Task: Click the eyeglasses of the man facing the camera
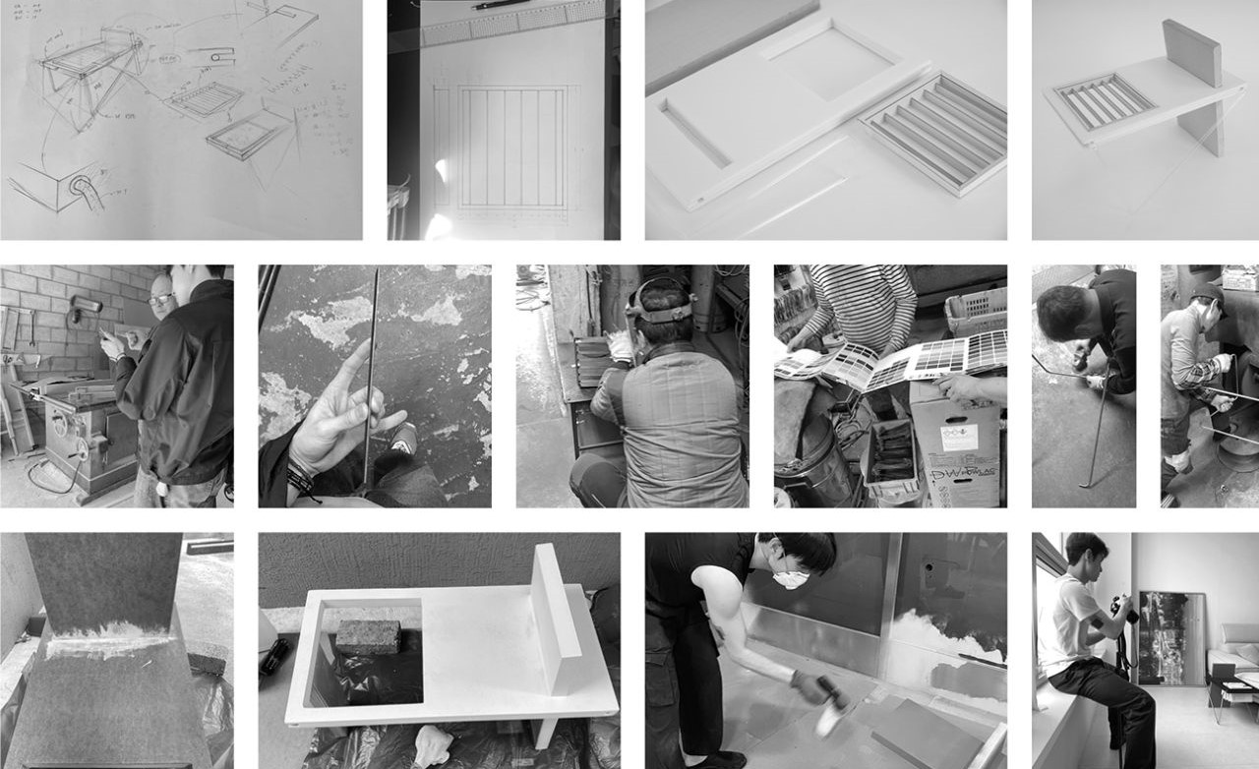(160, 298)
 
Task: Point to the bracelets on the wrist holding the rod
(300, 480)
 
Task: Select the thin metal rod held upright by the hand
(372, 374)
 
